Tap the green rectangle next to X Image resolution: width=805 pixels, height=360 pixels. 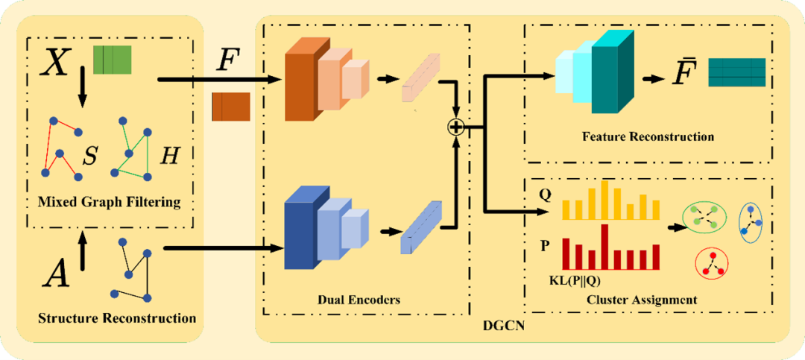click(112, 60)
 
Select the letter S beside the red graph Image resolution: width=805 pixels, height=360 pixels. click(89, 156)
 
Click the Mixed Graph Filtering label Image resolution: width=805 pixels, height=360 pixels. click(109, 201)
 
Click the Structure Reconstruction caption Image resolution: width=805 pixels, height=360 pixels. click(117, 318)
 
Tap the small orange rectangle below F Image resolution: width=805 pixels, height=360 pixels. click(231, 106)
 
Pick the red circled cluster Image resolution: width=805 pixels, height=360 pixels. click(711, 263)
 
